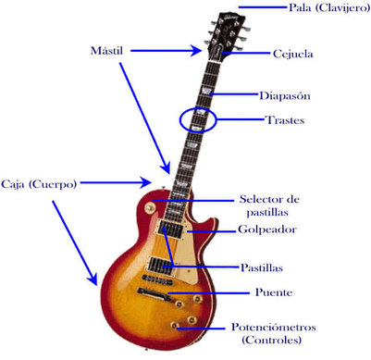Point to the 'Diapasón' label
pos(284,95)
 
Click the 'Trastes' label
pos(285,120)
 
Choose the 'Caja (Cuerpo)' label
pos(39,183)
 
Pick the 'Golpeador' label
pos(267,229)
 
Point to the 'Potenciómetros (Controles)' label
pos(278,333)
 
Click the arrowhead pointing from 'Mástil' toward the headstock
pos(198,48)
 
